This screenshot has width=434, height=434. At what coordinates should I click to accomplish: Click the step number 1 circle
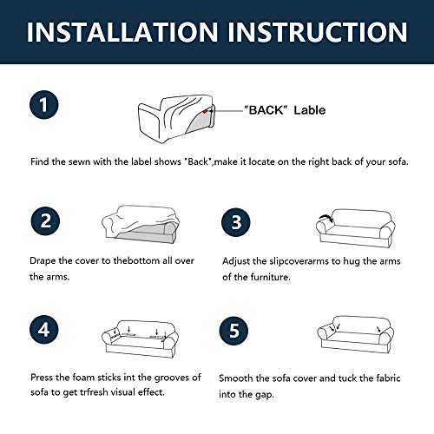44,105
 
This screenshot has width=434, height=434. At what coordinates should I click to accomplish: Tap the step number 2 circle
45,221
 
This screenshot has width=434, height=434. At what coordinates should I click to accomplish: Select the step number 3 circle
236,222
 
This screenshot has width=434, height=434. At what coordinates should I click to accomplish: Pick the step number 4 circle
44,330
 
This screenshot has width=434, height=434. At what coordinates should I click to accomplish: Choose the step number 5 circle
233,331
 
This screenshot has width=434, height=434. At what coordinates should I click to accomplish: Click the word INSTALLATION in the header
122,32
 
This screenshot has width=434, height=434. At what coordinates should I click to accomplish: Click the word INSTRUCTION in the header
318,32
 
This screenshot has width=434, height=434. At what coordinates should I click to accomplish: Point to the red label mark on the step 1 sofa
205,111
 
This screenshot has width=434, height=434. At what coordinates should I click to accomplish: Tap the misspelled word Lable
310,110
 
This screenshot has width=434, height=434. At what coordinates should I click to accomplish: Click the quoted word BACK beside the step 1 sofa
266,110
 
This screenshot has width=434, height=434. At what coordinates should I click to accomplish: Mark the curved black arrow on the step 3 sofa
325,218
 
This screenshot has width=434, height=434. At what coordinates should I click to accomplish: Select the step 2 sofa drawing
141,225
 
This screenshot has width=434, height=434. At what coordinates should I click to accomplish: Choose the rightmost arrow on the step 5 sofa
378,329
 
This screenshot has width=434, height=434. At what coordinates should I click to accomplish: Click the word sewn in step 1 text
79,161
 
